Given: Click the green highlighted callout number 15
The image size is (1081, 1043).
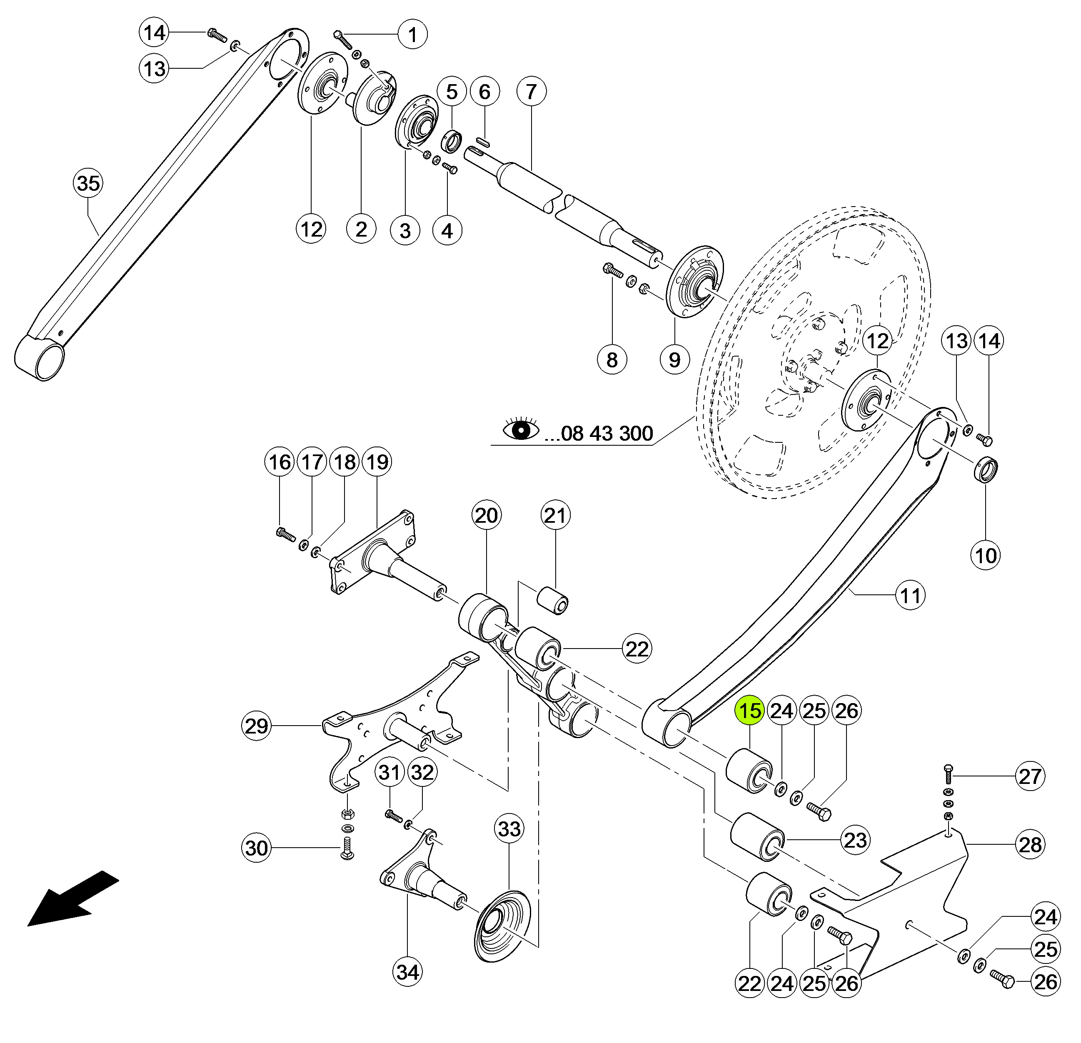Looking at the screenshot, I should coord(749,711).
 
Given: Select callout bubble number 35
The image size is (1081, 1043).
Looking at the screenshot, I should coord(88,183).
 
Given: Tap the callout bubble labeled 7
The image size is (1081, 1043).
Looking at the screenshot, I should coord(531,92).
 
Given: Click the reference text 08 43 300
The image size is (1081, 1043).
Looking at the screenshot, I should coord(599,434).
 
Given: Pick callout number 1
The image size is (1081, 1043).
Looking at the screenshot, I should coord(412,35).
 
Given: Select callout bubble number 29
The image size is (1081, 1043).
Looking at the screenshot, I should coord(257,726).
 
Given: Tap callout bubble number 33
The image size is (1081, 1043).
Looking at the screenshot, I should coord(509,828).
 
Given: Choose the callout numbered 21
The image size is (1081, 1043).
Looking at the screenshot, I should coord(555,515).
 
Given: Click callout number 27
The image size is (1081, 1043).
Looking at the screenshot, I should coord(1030,776).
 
